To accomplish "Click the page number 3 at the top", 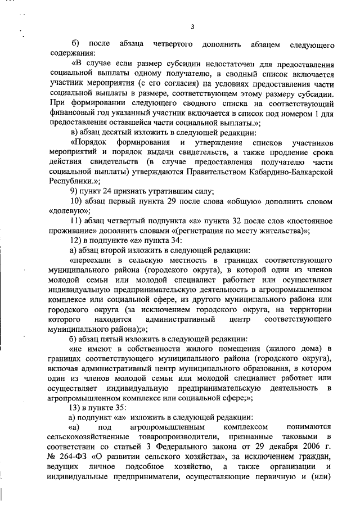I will point(192,26).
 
